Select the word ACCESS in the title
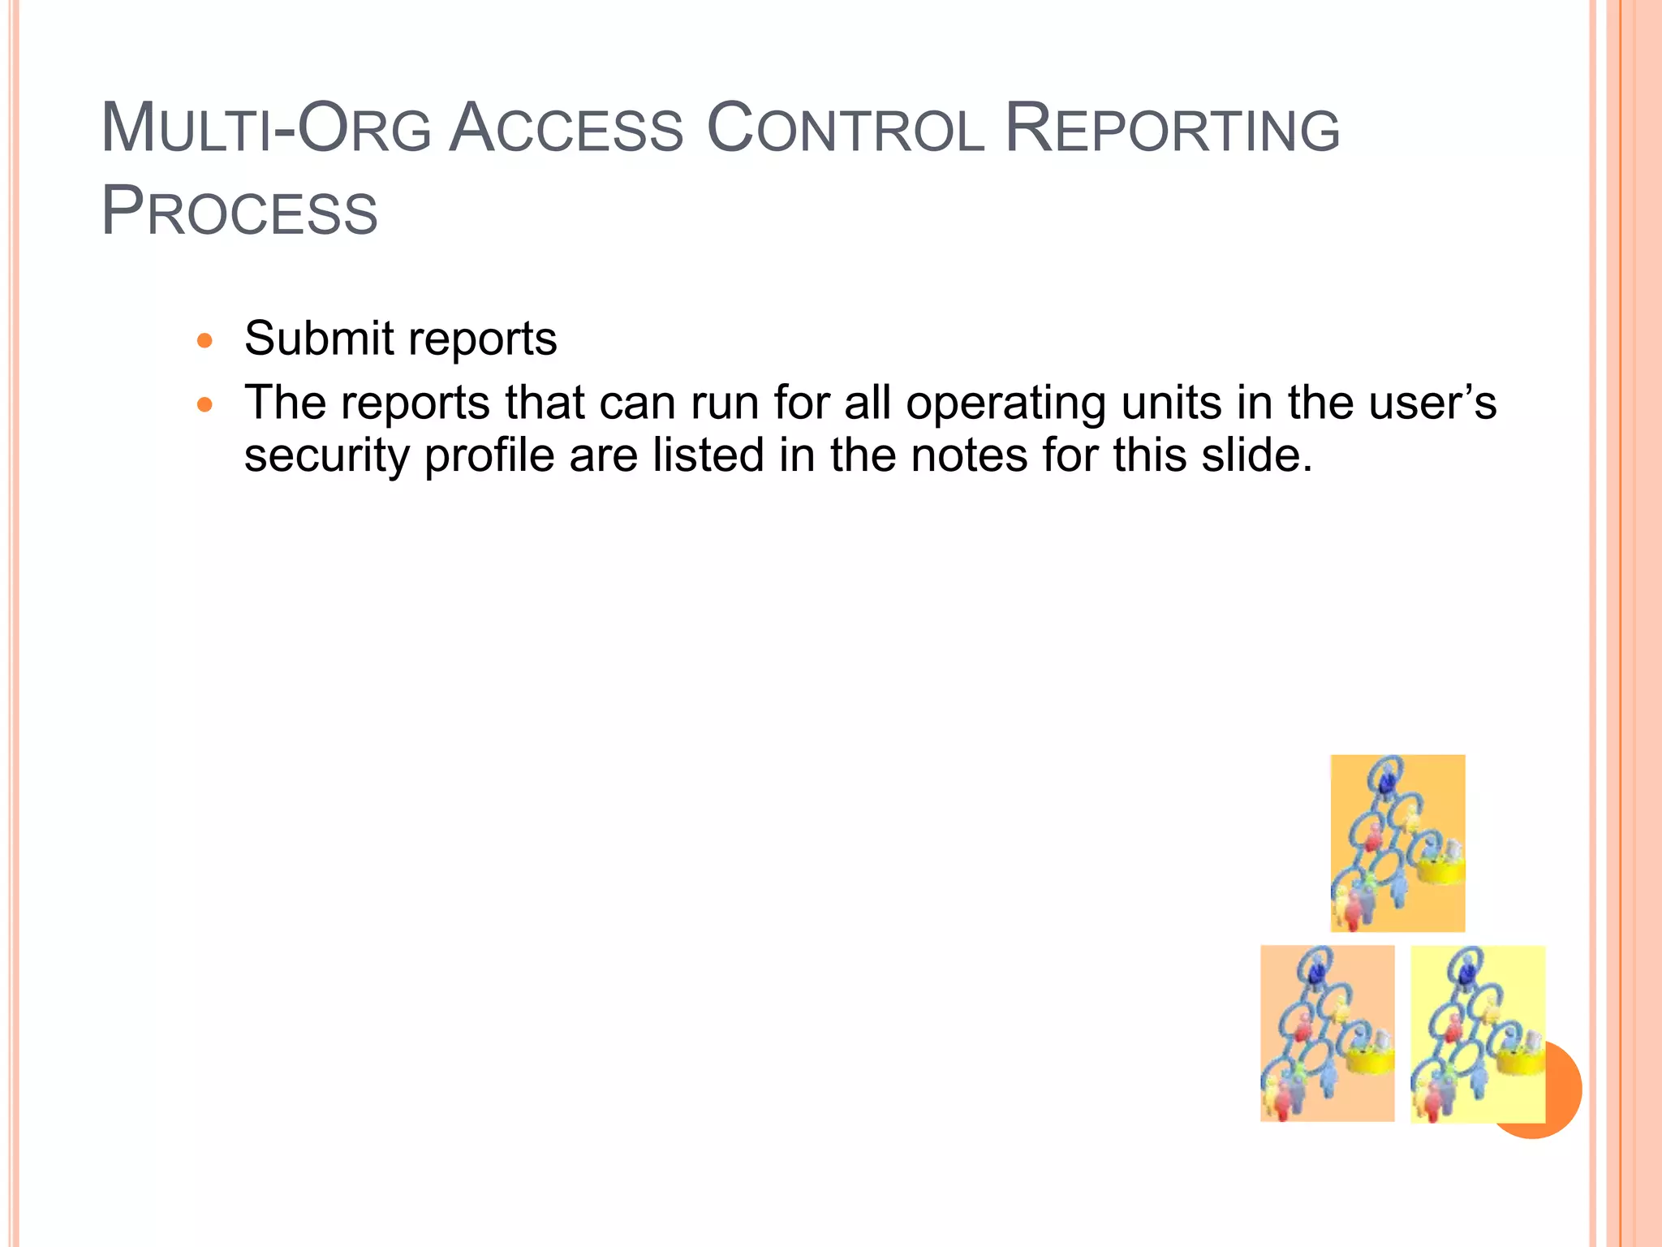pyautogui.click(x=566, y=130)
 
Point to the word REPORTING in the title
pyautogui.click(x=1172, y=130)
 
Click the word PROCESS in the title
pyautogui.click(x=239, y=213)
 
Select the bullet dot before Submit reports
pyautogui.click(x=205, y=340)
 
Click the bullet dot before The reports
pyautogui.click(x=205, y=403)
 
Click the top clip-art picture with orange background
pyautogui.click(x=1397, y=843)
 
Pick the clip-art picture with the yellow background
pyautogui.click(x=1477, y=1033)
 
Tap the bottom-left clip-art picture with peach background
pyautogui.click(x=1327, y=1033)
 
